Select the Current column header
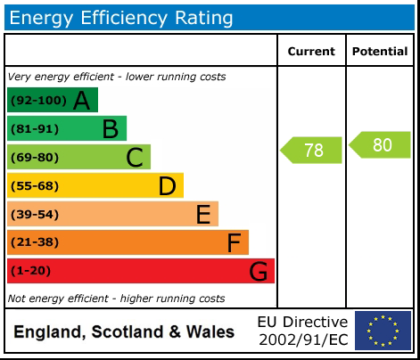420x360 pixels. coord(311,52)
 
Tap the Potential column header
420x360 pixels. coord(380,52)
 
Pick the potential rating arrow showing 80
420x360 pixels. coord(381,144)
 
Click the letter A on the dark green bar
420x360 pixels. coord(81,101)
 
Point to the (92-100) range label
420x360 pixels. coord(37,101)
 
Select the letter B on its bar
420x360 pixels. coord(110,129)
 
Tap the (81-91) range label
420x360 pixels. coord(34,129)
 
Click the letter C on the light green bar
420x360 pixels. coord(135,158)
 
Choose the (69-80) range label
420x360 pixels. coord(34,158)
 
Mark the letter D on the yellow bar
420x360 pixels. coord(167,186)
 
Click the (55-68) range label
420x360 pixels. coord(34,186)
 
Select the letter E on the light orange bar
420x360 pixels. coord(203,215)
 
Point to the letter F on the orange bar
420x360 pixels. coord(234,242)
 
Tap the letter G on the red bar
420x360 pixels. coord(258,271)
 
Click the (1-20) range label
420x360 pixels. coord(30,271)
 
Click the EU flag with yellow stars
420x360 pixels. coord(383,331)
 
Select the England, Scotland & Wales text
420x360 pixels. coord(124,332)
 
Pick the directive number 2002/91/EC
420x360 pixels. coord(303,340)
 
